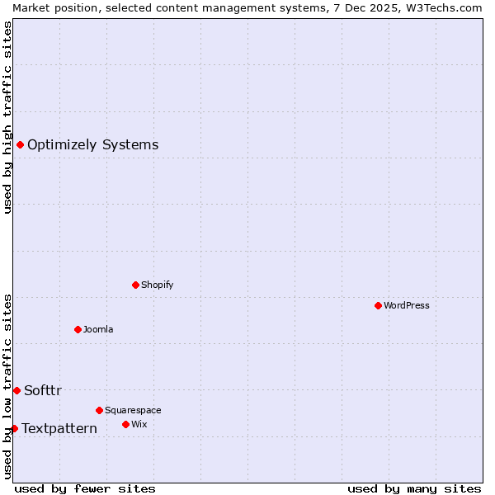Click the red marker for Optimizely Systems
[x=20, y=145]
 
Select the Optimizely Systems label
[x=92, y=145]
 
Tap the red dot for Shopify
[x=136, y=285]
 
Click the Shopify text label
[x=157, y=285]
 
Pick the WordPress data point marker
[x=379, y=306]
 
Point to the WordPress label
[x=407, y=306]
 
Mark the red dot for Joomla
[x=78, y=330]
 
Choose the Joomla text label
[x=98, y=330]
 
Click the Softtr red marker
[x=16, y=391]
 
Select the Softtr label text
[x=43, y=391]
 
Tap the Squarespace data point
[x=100, y=410]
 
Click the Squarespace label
[x=133, y=411]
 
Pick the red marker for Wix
[x=126, y=425]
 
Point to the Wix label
[x=139, y=425]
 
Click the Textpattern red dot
[x=14, y=429]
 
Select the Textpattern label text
[x=59, y=429]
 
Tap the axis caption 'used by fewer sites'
[x=85, y=489]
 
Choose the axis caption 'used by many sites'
[x=414, y=489]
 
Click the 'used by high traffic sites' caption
[x=7, y=117]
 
